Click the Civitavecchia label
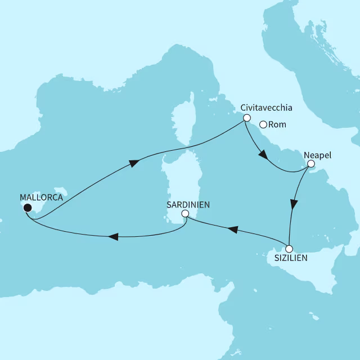[x=266, y=107]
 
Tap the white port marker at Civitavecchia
[x=246, y=118]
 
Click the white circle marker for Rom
[x=263, y=125]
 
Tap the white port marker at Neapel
[x=310, y=164]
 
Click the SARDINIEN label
[x=188, y=205]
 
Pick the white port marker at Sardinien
[x=185, y=214]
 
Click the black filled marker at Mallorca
[x=27, y=208]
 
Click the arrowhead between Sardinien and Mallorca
[x=113, y=237]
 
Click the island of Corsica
[x=182, y=121]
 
